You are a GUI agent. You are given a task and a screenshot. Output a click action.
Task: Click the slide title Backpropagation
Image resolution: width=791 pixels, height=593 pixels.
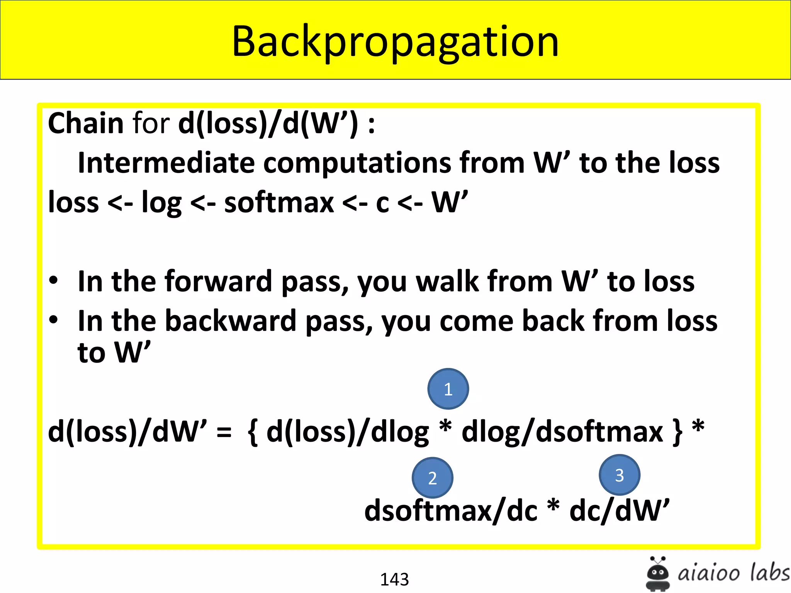395,42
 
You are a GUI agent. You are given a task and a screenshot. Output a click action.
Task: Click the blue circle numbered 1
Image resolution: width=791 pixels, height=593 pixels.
448,389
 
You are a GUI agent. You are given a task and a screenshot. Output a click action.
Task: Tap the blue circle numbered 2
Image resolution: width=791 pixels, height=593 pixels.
433,478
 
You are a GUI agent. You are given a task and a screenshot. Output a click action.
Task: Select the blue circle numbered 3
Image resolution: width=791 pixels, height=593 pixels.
619,475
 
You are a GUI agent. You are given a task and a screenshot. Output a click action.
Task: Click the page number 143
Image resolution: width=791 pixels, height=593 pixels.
394,579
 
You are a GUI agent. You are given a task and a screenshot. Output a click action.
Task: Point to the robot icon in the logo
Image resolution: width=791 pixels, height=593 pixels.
658,573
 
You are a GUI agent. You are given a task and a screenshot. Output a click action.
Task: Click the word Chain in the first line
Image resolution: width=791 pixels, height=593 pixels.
85,124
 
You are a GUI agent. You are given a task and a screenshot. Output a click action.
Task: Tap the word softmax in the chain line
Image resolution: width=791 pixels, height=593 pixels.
279,203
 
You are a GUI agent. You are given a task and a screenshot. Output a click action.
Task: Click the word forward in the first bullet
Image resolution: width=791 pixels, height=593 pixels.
219,281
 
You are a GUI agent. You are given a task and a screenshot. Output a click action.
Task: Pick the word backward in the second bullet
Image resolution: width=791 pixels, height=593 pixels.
231,321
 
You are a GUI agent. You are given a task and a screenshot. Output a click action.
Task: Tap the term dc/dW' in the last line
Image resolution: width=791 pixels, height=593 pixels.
619,511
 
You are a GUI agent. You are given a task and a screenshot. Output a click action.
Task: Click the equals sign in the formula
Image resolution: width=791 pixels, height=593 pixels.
224,432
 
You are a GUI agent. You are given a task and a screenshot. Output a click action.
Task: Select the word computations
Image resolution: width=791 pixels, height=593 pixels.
357,163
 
